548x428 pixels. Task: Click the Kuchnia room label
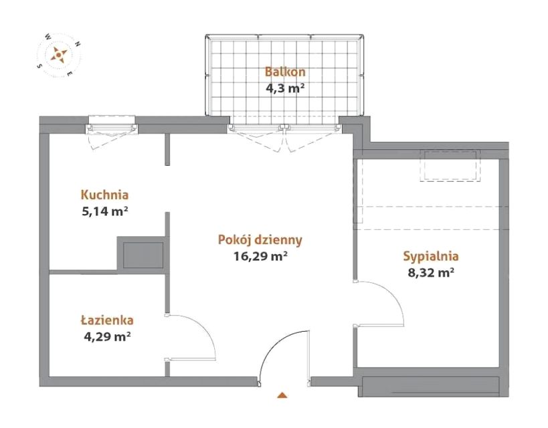coord(104,195)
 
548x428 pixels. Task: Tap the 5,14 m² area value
coord(103,211)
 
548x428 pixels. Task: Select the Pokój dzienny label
coord(260,240)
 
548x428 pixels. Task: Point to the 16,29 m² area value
coord(260,256)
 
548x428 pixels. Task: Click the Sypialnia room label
coord(431,256)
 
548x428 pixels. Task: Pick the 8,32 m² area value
coord(431,273)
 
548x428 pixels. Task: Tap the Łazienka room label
coord(107,320)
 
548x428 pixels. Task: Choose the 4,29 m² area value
coord(107,336)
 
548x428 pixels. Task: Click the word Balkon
coord(285,72)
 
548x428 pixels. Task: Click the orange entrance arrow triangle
coord(282,395)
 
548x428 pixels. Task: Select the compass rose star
coord(59,55)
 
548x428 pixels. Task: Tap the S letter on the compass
coord(39,66)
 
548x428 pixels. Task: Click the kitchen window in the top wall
coord(112,125)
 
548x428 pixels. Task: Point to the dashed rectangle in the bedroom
coord(451,166)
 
